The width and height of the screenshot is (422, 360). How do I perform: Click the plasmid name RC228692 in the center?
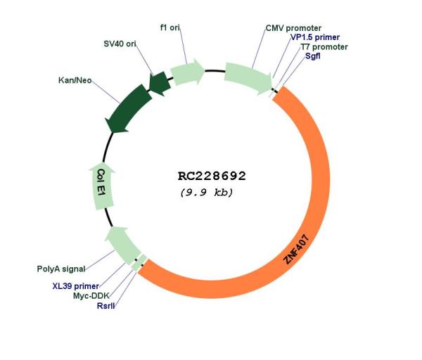212,176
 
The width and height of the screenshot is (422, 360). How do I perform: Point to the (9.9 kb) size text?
206,193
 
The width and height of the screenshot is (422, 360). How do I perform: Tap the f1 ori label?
170,27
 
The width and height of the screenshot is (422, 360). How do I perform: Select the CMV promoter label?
293,28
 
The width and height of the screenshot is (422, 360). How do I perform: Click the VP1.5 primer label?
315,37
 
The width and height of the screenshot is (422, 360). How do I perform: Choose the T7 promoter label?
324,47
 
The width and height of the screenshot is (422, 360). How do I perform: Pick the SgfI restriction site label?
313,56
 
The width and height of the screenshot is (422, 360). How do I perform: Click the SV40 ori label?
120,44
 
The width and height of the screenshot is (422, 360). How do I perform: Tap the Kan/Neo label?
75,80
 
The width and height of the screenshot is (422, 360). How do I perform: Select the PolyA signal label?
61,269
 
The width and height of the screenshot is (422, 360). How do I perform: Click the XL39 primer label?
76,285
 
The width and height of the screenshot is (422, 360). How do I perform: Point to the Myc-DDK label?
91,296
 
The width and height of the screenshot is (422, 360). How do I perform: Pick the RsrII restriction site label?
105,306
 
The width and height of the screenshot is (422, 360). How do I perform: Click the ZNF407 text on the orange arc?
296,249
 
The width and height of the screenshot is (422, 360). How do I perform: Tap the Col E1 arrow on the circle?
103,186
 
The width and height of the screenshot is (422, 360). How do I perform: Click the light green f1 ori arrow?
188,72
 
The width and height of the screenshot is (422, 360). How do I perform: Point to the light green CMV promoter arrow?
248,77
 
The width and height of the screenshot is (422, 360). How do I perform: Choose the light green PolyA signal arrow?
122,245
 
